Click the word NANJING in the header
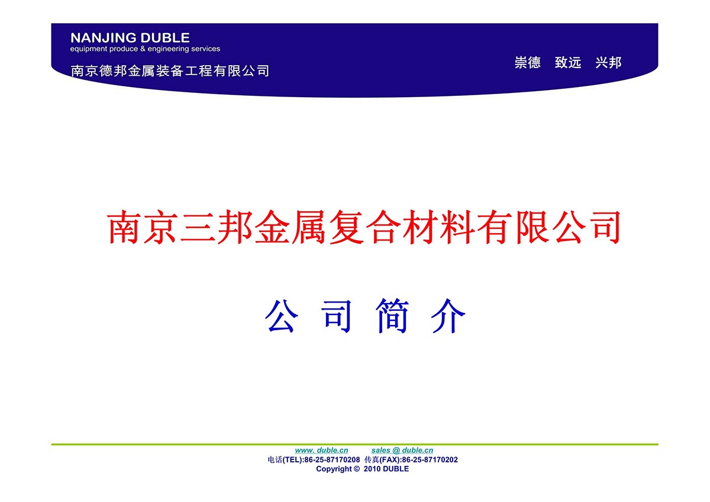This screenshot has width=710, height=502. click(104, 38)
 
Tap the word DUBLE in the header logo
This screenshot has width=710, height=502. click(165, 38)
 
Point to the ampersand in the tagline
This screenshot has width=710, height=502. click(143, 49)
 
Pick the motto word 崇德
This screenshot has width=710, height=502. click(527, 63)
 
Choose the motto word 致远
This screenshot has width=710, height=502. click(568, 63)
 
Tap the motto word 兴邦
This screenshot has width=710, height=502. click(608, 63)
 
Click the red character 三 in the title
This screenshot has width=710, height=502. click(198, 227)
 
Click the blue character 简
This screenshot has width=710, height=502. click(392, 316)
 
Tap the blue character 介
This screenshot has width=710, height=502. click(448, 316)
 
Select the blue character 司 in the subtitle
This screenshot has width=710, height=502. click(337, 317)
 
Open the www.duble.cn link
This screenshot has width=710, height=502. click(321, 450)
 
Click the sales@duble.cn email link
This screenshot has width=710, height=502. click(402, 450)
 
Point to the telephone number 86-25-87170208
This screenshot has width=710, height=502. click(332, 459)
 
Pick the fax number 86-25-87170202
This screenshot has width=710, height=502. click(430, 459)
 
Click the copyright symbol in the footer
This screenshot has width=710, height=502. click(357, 469)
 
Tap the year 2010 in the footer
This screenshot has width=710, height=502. click(372, 469)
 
